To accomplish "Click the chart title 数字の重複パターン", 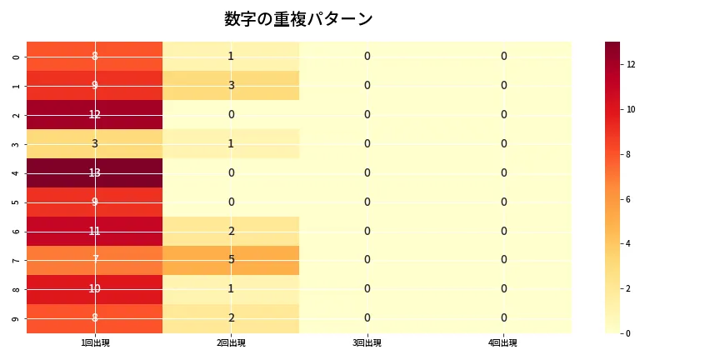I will coord(298,19).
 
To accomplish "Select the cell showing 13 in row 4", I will coord(95,172).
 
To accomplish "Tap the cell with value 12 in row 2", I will coord(95,114).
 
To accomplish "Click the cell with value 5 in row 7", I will coord(231,260).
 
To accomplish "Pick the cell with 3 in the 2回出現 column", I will coord(231,85).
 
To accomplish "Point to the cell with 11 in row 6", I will coord(95,231).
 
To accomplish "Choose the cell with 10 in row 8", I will coord(95,289).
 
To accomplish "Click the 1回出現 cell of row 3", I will coord(95,143).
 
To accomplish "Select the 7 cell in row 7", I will coord(95,260).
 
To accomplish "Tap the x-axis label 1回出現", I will coord(95,343).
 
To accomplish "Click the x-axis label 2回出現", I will coord(231,343).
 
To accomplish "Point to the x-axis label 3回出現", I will coord(367,343).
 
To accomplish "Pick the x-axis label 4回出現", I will coord(503,343).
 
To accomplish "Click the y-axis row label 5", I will coord(17,202).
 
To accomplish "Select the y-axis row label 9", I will coord(17,318).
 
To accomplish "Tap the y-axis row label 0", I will coord(17,56).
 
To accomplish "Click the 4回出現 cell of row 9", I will coord(503,318).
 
